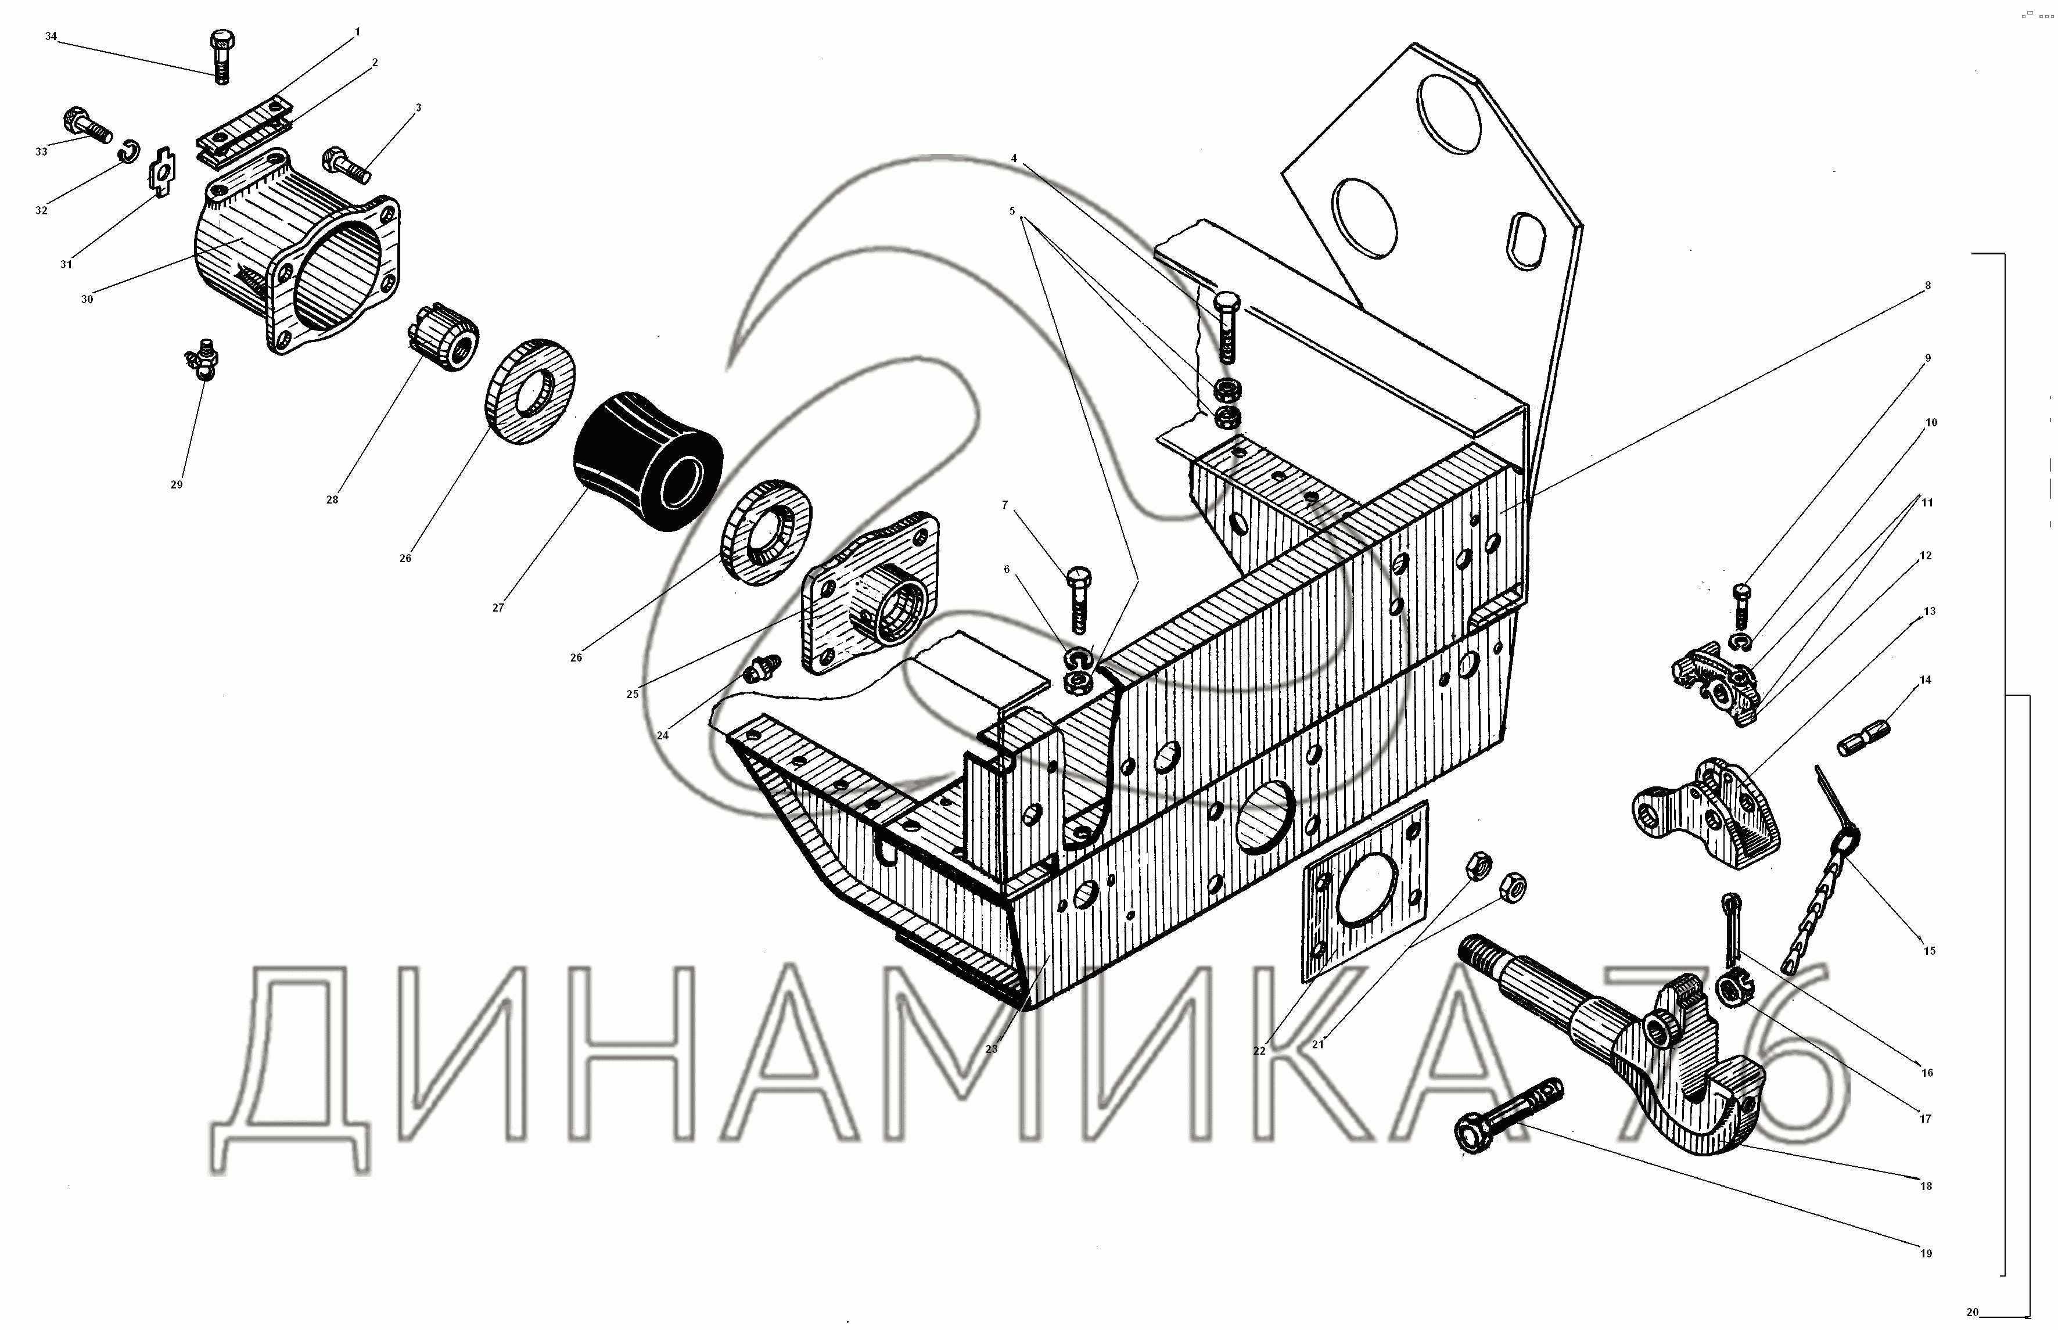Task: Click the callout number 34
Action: point(51,36)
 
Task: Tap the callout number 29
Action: point(176,484)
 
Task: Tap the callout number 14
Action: point(1925,680)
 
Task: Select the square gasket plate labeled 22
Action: point(1364,890)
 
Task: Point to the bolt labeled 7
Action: point(1079,599)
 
